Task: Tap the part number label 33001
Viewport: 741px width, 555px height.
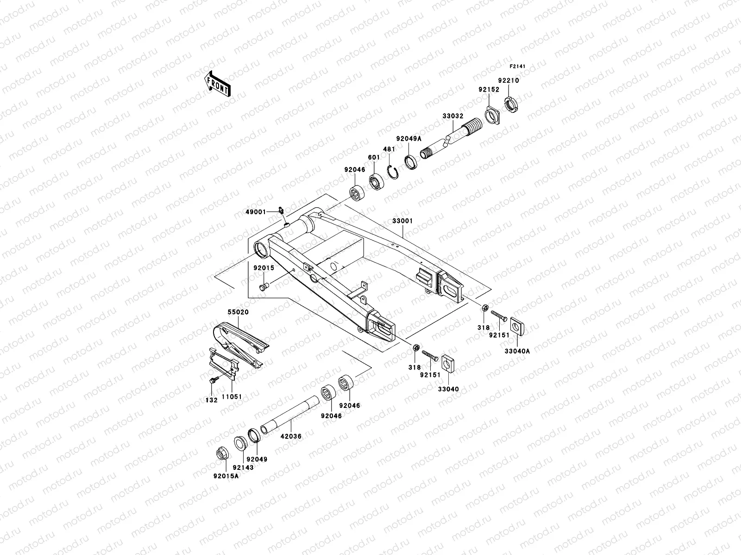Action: [402, 222]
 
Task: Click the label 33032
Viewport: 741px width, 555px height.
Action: [452, 117]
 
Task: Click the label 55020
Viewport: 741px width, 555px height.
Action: [238, 312]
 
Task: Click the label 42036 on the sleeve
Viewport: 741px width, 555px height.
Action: [291, 436]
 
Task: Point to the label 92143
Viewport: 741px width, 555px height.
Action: [243, 468]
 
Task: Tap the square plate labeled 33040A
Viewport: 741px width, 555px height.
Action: [517, 327]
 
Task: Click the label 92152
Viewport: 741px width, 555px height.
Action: [489, 90]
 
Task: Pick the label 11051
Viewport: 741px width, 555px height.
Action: [232, 397]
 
